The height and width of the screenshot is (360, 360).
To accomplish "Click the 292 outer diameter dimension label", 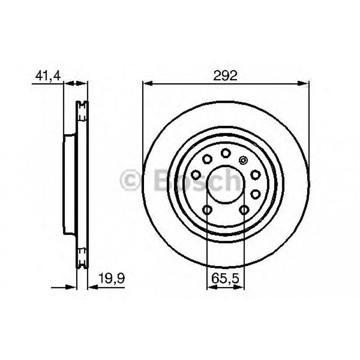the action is coord(225,76).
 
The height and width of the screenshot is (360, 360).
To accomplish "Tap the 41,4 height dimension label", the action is coord(48,76).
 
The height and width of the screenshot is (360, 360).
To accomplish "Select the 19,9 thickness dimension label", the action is coord(111,278).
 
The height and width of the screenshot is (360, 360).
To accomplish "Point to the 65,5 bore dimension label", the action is coord(225,278).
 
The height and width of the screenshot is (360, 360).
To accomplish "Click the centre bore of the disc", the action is coord(225,184).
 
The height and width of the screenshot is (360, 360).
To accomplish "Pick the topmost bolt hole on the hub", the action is coord(225,153).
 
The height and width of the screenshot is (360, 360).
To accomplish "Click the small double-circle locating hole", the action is coord(243,160).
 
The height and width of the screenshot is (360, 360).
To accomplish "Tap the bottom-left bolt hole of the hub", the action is coord(207,210).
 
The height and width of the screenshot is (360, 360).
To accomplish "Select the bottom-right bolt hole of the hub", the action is coord(244,210).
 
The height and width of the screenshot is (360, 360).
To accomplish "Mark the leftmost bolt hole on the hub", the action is coord(195,175).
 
